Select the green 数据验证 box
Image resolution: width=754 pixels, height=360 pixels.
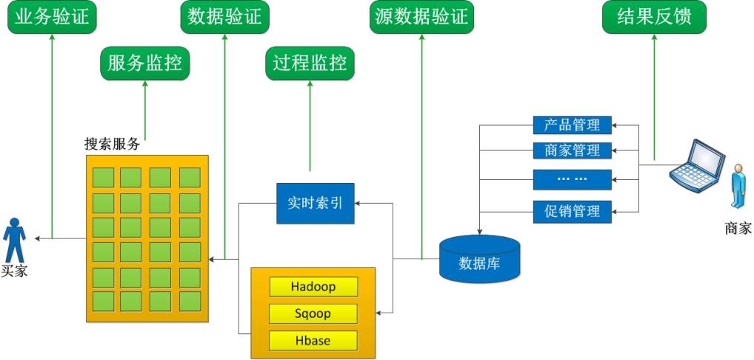coord(224,16)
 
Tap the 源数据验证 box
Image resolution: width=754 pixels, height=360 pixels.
coord(421,16)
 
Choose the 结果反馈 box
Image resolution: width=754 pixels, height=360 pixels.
coord(653,16)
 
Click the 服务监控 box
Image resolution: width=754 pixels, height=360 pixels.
coord(144,63)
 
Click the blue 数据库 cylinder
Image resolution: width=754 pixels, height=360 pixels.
coord(479,259)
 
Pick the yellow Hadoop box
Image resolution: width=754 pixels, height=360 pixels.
coord(313,287)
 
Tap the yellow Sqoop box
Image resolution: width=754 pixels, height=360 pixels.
coord(313,313)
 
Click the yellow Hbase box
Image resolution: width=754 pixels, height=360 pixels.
coord(313,341)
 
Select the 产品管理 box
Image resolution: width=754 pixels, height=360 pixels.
coord(572,124)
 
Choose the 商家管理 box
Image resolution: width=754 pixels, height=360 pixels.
coord(572,150)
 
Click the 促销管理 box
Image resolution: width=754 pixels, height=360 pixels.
coord(572,211)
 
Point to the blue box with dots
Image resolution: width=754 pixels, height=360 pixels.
coord(572,179)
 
